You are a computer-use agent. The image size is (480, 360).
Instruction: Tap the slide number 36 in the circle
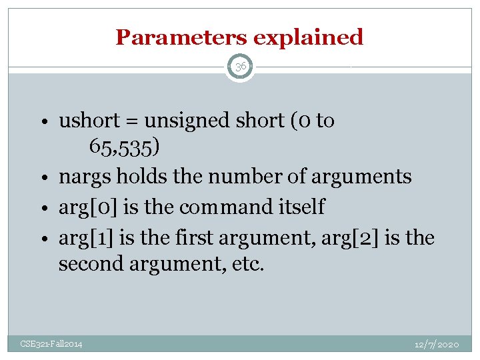pyautogui.click(x=240, y=67)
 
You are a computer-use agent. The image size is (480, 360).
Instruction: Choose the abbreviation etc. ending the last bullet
pyautogui.click(x=248, y=264)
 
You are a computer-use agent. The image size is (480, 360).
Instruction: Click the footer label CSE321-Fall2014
pyautogui.click(x=51, y=344)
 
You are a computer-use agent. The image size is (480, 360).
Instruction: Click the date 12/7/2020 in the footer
pyautogui.click(x=436, y=344)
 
